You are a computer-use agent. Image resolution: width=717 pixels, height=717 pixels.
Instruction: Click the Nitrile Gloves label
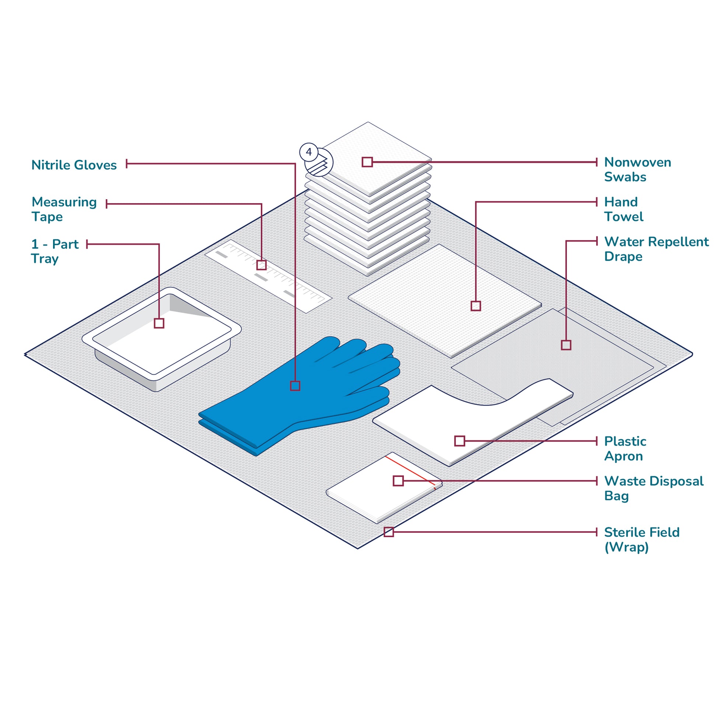pyautogui.click(x=74, y=165)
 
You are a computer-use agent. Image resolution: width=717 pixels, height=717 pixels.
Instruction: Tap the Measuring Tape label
pyautogui.click(x=64, y=209)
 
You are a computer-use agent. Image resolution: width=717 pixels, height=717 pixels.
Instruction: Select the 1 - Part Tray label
pyautogui.click(x=55, y=251)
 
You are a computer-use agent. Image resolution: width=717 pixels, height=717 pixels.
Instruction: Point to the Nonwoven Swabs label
pyautogui.click(x=637, y=169)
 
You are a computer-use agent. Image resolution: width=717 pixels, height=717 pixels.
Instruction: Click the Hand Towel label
pyautogui.click(x=623, y=209)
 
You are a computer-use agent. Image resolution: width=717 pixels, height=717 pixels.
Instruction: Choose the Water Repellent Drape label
pyautogui.click(x=656, y=249)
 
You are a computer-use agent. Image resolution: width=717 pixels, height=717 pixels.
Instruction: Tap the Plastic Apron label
pyautogui.click(x=625, y=449)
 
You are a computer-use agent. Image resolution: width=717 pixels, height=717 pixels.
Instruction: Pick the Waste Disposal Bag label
pyautogui.click(x=654, y=489)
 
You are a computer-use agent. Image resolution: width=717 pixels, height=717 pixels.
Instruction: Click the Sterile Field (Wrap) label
pyautogui.click(x=642, y=540)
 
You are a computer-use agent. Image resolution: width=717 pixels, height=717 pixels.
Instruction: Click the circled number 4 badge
pyautogui.click(x=309, y=152)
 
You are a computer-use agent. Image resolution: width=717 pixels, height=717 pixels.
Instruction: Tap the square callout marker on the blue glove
pyautogui.click(x=295, y=386)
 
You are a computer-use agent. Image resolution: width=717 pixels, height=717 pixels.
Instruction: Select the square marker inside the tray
pyautogui.click(x=159, y=323)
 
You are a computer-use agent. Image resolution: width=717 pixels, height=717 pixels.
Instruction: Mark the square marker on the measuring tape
pyautogui.click(x=262, y=265)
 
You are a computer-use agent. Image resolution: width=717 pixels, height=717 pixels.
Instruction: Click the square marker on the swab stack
pyautogui.click(x=367, y=162)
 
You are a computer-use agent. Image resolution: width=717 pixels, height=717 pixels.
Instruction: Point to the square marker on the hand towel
pyautogui.click(x=476, y=306)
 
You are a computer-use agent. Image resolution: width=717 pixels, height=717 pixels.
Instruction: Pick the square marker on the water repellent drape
pyautogui.click(x=566, y=345)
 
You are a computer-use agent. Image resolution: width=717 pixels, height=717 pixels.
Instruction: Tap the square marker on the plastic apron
pyautogui.click(x=460, y=441)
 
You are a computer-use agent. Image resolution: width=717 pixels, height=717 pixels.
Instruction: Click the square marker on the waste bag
pyautogui.click(x=398, y=481)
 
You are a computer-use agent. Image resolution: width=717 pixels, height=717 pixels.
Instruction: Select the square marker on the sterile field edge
pyautogui.click(x=389, y=532)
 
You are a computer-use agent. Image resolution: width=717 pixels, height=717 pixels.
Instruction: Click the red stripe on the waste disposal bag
pyautogui.click(x=416, y=473)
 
